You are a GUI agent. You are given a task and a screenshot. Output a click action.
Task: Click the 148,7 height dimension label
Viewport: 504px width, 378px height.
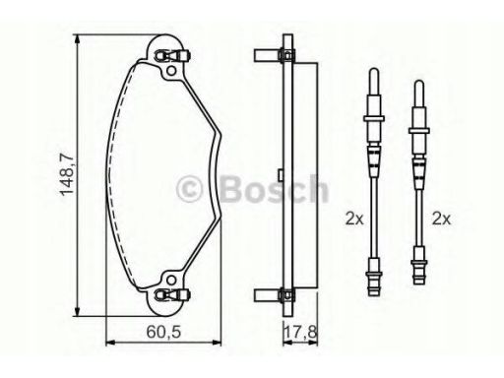66,174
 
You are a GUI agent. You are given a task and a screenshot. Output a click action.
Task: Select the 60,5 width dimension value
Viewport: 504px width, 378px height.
163,332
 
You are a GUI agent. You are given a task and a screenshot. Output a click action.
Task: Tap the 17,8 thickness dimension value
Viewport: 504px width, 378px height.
301,332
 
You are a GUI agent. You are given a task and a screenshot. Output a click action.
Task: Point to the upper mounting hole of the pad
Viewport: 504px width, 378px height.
171,71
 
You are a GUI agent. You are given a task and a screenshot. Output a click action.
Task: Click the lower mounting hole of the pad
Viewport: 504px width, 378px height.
171,280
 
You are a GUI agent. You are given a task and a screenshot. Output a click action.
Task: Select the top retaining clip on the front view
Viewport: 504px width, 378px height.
172,56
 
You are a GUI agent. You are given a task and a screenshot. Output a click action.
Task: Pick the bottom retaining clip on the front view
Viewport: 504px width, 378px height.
172,294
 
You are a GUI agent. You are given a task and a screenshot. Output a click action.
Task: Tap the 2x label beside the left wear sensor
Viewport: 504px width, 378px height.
354,219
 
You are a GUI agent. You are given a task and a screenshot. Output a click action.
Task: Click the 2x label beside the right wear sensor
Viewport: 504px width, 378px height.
441,219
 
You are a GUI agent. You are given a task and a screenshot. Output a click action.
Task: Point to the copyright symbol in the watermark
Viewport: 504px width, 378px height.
190,189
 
